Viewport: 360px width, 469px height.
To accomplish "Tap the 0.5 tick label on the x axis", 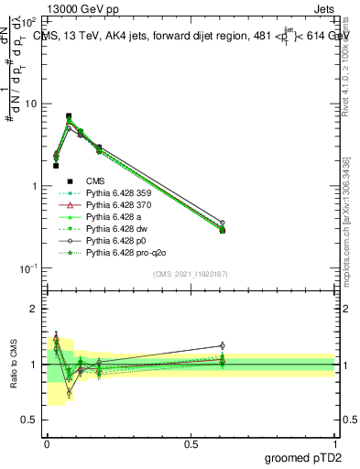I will [x=191, y=442].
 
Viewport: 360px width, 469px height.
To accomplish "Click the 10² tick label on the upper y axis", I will [x=26, y=22].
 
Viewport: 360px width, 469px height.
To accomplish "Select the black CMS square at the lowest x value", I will [x=56, y=166].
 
